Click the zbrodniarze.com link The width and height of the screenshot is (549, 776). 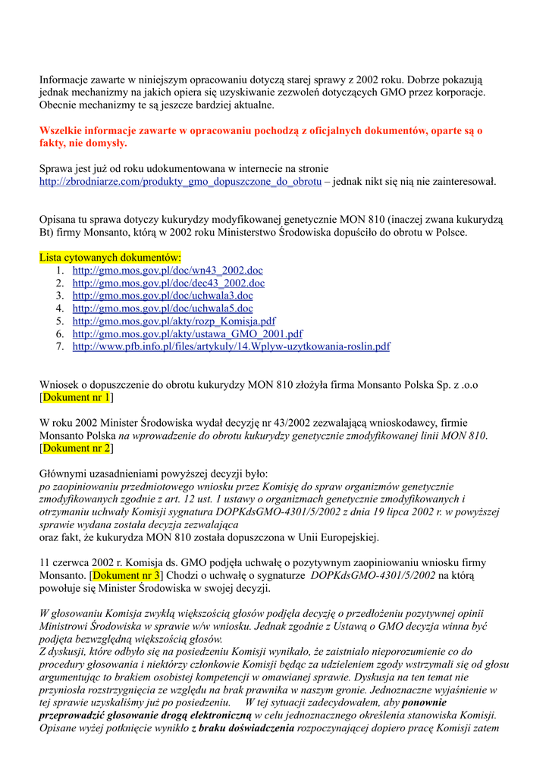[180, 182]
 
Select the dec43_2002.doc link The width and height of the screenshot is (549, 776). [168, 283]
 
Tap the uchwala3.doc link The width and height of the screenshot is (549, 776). [162, 296]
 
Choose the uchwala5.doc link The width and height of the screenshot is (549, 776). [162, 308]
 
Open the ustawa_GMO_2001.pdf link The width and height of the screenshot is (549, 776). [187, 334]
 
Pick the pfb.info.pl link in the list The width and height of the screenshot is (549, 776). [231, 347]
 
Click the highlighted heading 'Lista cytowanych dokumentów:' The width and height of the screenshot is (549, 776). [111, 258]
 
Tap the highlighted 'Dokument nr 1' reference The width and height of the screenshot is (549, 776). [77, 397]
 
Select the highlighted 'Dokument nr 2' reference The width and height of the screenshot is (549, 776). [77, 449]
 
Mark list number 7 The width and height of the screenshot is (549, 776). [59, 347]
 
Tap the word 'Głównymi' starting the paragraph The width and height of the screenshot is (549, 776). [63, 474]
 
